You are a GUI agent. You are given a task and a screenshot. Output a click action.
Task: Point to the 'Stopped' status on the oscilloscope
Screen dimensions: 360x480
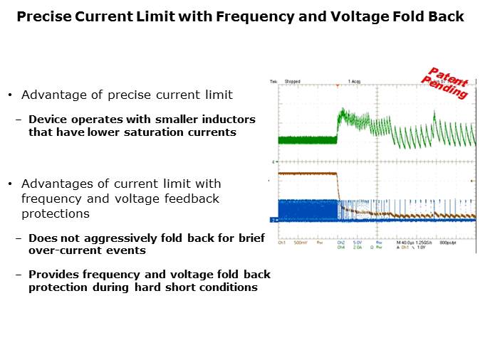pos(292,82)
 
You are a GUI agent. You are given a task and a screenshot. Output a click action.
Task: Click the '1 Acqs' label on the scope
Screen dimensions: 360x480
pos(355,82)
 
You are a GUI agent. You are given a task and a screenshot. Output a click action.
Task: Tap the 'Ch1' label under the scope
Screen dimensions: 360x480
pos(283,243)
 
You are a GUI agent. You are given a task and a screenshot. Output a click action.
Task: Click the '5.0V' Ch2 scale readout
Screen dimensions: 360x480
pos(360,243)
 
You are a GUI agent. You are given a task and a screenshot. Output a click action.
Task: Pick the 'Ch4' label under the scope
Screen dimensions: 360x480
pos(342,248)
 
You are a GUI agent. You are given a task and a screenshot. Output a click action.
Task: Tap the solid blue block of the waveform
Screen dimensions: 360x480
pos(306,211)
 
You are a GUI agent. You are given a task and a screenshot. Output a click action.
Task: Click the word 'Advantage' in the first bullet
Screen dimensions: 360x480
pos(50,95)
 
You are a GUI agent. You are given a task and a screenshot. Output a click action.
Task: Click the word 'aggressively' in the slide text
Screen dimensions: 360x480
pos(111,238)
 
